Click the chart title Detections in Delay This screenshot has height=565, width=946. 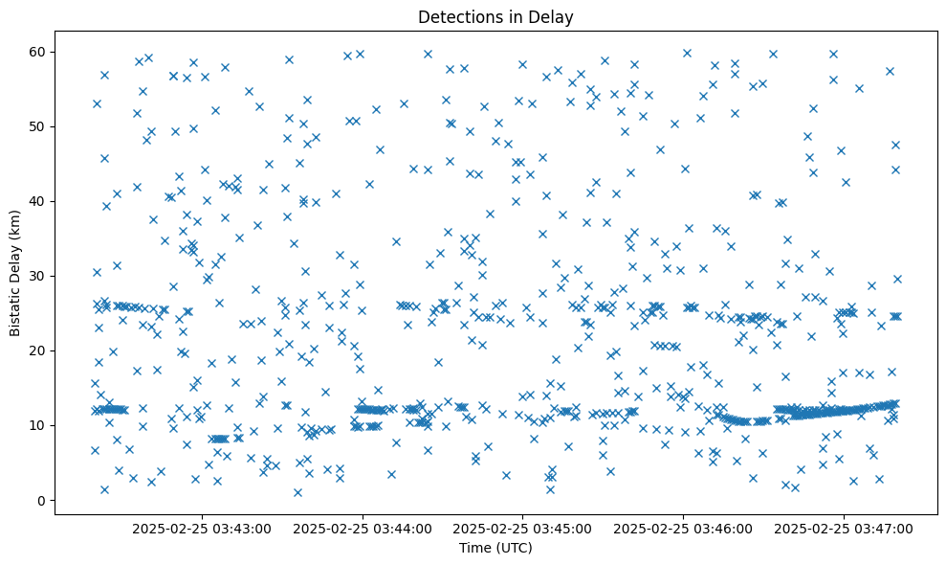(495, 16)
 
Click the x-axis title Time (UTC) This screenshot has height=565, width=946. (495, 549)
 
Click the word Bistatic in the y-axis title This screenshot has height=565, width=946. (15, 308)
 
